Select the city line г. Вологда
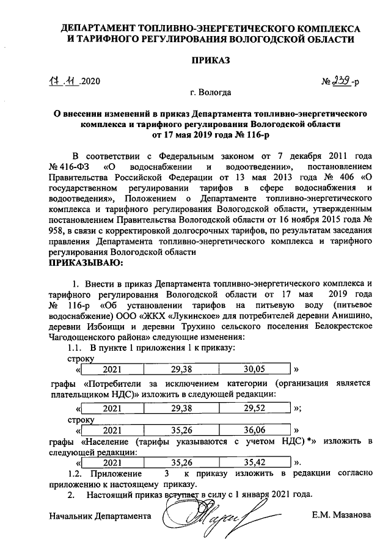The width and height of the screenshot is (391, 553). (x=210, y=93)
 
